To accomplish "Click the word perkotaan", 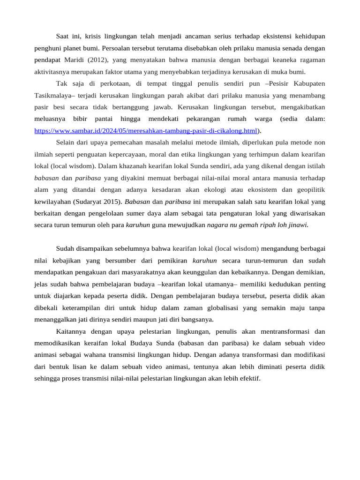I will tap(109, 84).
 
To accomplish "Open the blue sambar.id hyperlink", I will tap(146, 131).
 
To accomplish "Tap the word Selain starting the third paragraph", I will tap(67, 142).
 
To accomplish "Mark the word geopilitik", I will tap(308, 190).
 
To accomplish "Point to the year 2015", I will tap(113, 202).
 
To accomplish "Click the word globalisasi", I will tap(221, 308).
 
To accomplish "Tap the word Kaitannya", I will tap(72, 331).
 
